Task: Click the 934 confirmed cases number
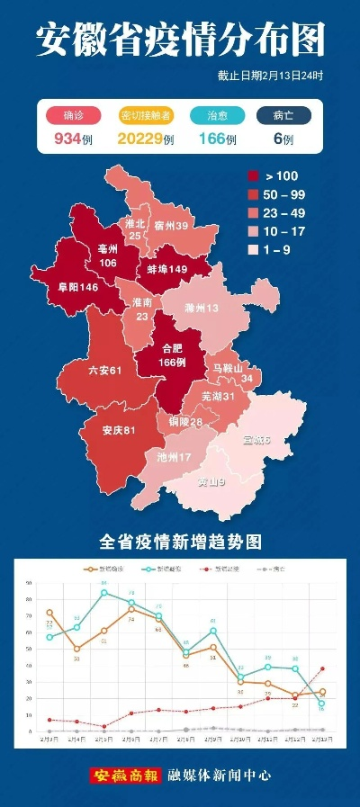pos(67,139)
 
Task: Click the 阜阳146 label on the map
pos(76,287)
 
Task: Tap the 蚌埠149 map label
pos(167,269)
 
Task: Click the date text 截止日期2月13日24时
pos(270,76)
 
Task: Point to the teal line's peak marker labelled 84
pos(103,592)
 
